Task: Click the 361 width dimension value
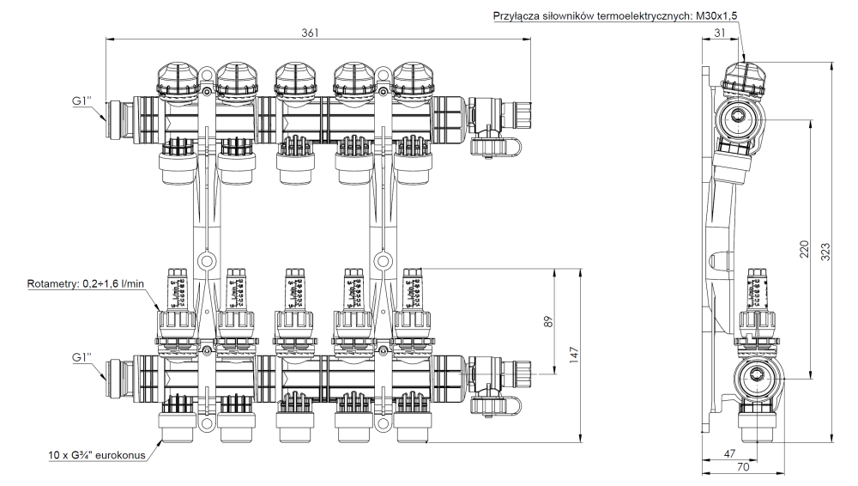(310, 33)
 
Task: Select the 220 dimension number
(804, 249)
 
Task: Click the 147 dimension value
(574, 355)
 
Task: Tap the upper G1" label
(84, 102)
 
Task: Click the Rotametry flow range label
(83, 282)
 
